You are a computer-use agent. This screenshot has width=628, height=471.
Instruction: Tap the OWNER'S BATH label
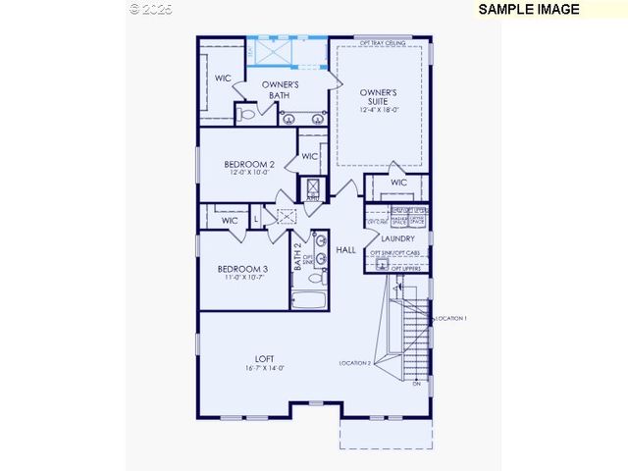(280, 91)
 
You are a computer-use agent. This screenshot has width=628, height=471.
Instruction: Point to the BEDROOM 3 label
(242, 269)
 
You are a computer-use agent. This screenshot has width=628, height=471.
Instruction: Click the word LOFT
(265, 358)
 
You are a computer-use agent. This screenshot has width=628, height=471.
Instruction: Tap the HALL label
(346, 250)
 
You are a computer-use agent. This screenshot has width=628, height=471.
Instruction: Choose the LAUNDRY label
(397, 238)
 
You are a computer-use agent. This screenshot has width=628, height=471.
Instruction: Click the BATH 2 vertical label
(297, 258)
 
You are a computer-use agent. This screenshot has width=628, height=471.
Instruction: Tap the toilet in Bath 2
(317, 278)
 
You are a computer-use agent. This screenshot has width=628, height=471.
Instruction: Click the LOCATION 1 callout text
(450, 318)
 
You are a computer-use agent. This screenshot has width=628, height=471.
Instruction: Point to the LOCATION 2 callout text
(355, 363)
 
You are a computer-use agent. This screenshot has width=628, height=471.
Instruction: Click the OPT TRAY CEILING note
(383, 42)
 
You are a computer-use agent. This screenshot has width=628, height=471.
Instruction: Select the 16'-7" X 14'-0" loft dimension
(265, 368)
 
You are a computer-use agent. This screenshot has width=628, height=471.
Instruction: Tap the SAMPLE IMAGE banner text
(528, 9)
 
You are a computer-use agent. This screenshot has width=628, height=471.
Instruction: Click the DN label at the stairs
(417, 384)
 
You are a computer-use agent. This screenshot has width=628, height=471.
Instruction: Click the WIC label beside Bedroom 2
(309, 156)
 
